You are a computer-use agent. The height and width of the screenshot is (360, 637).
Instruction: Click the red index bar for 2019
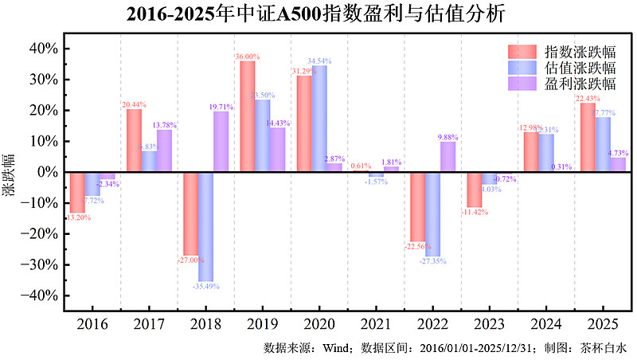tap(248, 116)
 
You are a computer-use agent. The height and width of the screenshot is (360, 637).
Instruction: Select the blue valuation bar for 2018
tap(205, 226)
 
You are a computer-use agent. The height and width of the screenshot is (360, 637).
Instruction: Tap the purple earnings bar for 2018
tap(221, 142)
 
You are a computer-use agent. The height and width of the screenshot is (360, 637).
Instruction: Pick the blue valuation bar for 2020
tap(319, 119)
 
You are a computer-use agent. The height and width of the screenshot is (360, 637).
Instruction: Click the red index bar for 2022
tap(418, 206)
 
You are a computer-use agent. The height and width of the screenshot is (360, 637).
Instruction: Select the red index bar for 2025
tap(588, 137)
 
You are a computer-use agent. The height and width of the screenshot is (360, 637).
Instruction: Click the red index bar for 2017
tap(134, 140)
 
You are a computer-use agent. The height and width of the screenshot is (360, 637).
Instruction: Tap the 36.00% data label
tap(248, 57)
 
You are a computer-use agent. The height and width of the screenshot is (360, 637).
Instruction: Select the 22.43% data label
tap(588, 98)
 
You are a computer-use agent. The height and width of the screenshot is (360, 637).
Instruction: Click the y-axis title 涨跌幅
tap(9, 171)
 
